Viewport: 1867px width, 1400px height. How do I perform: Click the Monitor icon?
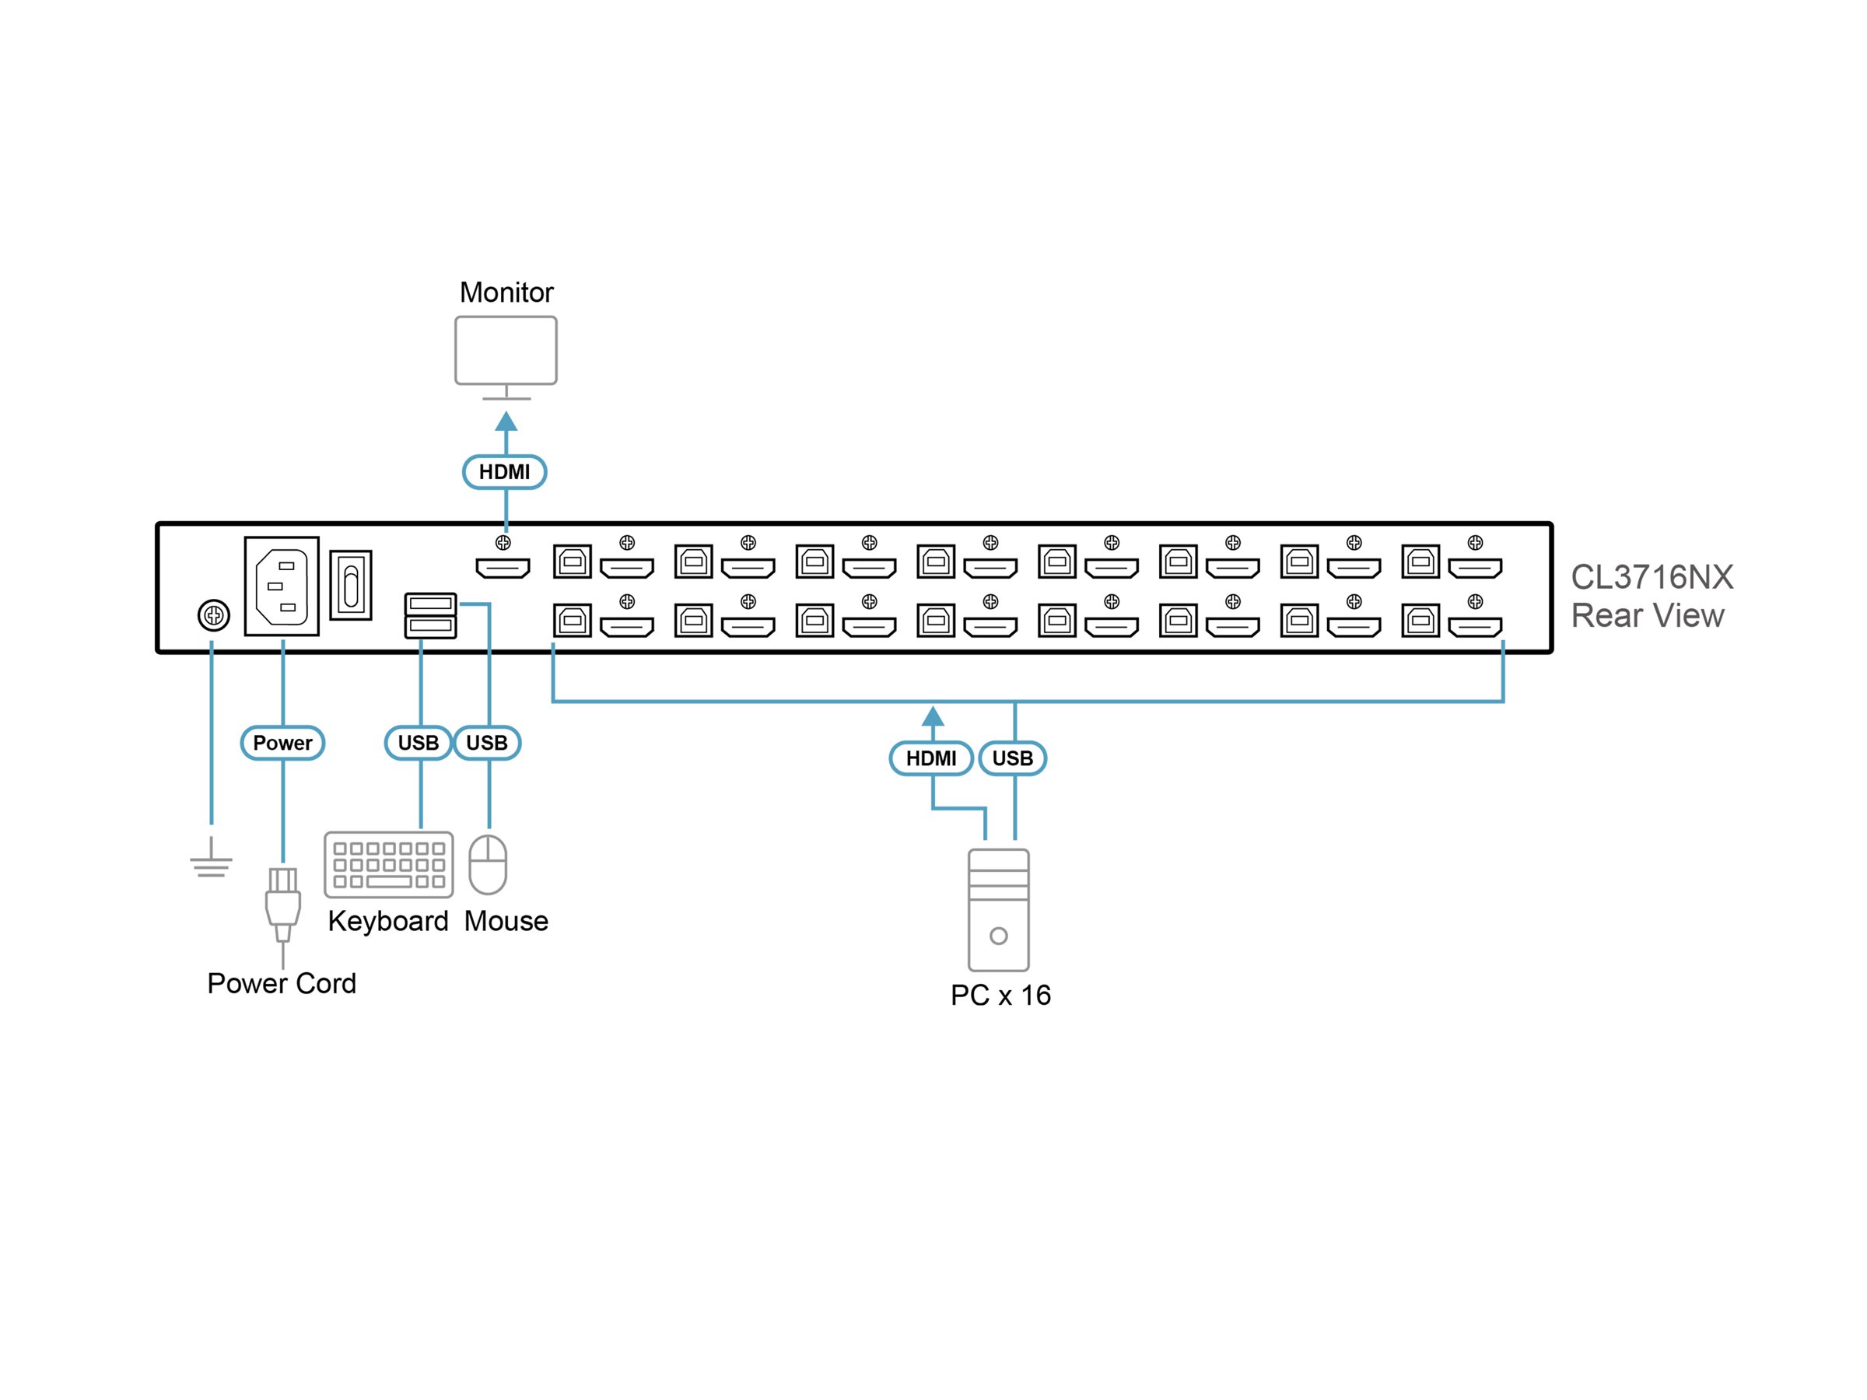[506, 358]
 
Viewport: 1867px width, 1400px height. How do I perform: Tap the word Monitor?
[506, 292]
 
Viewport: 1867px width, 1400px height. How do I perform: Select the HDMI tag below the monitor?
[505, 472]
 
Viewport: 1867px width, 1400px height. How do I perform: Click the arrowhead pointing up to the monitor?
[506, 421]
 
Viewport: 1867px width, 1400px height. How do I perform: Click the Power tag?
[282, 743]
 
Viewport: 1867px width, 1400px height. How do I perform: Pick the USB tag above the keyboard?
[418, 743]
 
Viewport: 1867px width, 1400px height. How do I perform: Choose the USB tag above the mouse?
[487, 743]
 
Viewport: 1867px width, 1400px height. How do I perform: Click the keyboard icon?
[389, 865]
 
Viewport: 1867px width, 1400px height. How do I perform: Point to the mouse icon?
[488, 865]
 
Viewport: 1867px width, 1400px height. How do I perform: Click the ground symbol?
[211, 858]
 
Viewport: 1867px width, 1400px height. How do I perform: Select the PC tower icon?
[999, 911]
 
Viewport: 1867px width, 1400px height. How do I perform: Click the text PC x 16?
[1001, 996]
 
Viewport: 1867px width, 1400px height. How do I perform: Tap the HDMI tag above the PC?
[932, 758]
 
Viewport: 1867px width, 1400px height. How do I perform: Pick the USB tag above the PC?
[1013, 758]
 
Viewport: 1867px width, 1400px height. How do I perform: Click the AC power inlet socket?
[282, 586]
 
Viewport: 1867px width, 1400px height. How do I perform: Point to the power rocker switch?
[351, 586]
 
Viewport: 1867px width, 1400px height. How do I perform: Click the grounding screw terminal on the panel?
[214, 615]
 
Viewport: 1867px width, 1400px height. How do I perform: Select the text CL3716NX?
[1652, 578]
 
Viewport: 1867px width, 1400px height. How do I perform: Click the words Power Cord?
[282, 984]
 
